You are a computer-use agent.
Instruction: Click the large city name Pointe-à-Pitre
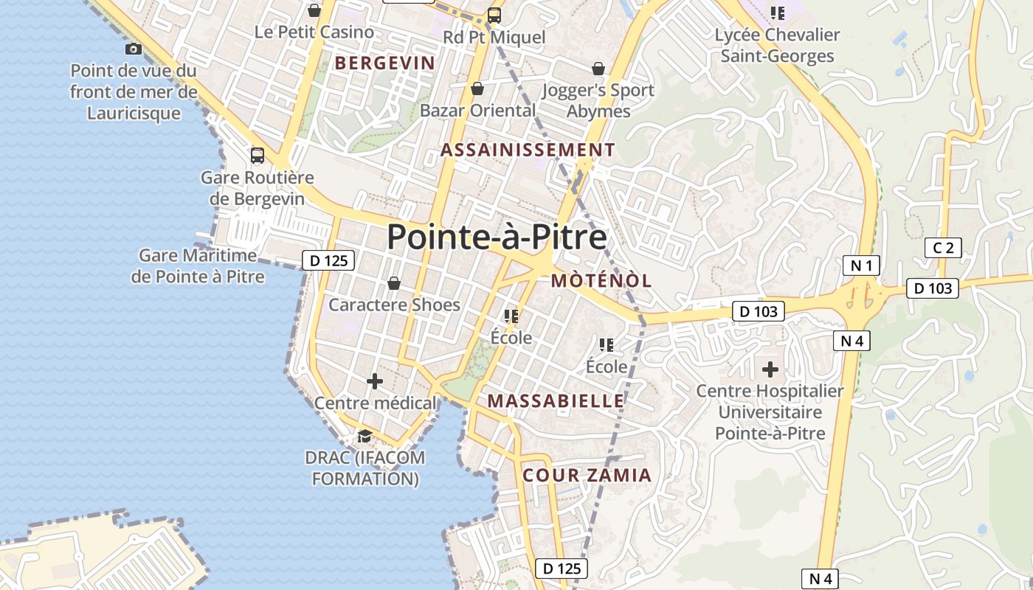[497, 237]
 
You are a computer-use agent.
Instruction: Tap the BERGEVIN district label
[384, 63]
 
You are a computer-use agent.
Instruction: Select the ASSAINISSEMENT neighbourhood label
[528, 150]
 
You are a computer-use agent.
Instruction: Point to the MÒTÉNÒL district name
[601, 280]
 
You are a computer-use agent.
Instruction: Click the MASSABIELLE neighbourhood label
[556, 400]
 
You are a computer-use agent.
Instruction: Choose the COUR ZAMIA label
[587, 475]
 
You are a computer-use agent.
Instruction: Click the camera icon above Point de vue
[134, 49]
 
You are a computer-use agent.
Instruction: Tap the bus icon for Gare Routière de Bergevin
[258, 156]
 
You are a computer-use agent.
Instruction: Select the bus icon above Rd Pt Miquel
[494, 15]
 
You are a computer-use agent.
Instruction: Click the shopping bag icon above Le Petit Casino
[314, 10]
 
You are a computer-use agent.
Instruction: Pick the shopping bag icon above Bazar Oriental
[477, 88]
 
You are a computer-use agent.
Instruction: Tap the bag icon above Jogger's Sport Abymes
[598, 69]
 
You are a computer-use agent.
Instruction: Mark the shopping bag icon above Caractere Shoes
[394, 283]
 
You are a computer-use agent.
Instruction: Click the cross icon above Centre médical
[375, 381]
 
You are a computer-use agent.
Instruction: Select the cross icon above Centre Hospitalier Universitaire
[770, 368]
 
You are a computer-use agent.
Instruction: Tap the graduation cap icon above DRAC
[365, 436]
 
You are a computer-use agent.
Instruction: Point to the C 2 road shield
[943, 248]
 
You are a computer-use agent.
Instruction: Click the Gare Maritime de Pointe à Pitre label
[198, 266]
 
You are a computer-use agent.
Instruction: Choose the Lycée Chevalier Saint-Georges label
[777, 45]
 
